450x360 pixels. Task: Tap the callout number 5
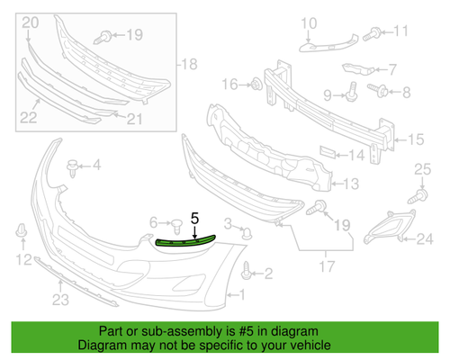click(x=194, y=218)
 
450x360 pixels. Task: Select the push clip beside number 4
click(x=74, y=166)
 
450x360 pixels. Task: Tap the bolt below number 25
click(x=419, y=193)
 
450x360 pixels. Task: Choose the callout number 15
click(x=417, y=139)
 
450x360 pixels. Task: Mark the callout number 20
click(x=30, y=22)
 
